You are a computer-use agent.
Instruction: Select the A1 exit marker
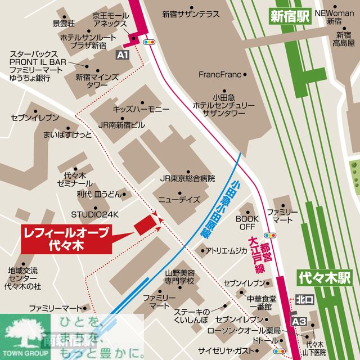click(x=123, y=54)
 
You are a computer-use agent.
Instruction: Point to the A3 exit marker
click(x=300, y=321)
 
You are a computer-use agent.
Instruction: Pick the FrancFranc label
click(x=219, y=74)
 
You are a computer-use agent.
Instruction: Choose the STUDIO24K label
click(x=94, y=214)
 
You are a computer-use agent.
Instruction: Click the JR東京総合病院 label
click(x=187, y=178)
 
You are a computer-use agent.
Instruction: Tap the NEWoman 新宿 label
click(x=335, y=16)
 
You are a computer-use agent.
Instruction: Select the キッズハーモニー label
click(x=137, y=109)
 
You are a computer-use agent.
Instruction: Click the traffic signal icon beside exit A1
click(x=150, y=42)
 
